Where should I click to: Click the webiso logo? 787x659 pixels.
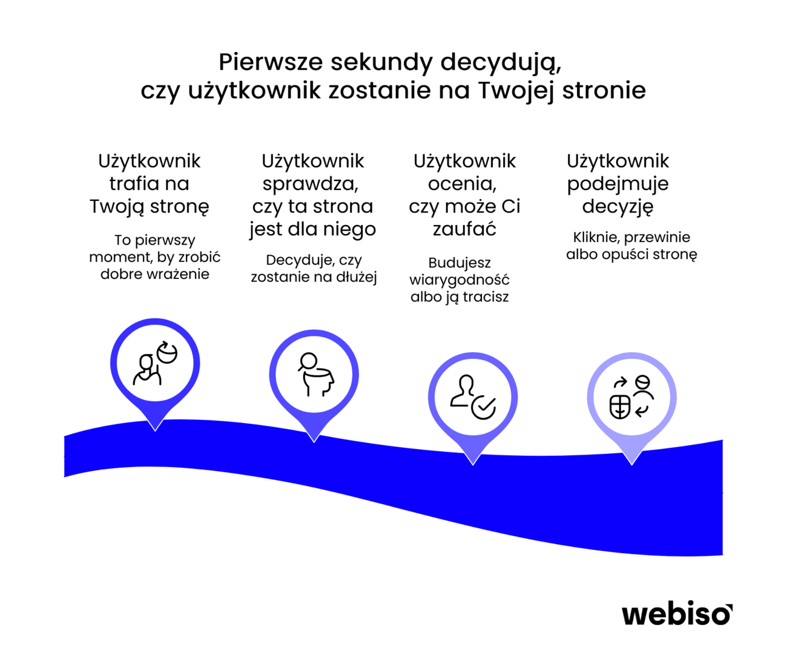click(x=676, y=614)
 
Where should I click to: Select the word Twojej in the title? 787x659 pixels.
click(x=515, y=90)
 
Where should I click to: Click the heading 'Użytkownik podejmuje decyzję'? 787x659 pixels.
click(x=617, y=183)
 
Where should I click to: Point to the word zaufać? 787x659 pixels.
click(x=464, y=229)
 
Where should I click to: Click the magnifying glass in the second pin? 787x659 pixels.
click(x=308, y=361)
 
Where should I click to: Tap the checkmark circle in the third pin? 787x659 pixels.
click(x=484, y=407)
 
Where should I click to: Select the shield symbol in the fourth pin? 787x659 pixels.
click(x=620, y=406)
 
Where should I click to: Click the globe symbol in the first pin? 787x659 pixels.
click(x=167, y=352)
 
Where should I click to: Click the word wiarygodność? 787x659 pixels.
click(x=459, y=280)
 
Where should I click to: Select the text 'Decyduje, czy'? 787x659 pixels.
click(x=314, y=260)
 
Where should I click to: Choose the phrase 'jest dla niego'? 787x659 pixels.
click(x=312, y=229)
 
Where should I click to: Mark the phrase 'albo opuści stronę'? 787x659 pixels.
click(x=631, y=254)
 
